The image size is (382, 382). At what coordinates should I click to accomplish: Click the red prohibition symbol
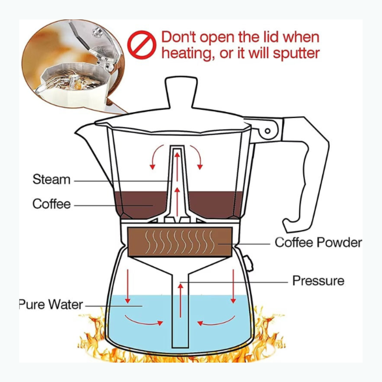pos(141,45)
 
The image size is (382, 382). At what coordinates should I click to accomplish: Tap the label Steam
pos(51,179)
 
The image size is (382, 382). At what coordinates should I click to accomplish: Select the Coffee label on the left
pos(51,204)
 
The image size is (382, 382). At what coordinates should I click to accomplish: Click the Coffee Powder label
pos(318,242)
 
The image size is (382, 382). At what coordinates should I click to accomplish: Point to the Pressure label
pos(318,281)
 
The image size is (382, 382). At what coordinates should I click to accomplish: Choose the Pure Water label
pos(51,304)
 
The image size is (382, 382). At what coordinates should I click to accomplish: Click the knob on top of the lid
pos(181,93)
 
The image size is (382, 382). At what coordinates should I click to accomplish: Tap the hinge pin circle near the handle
pos(267,131)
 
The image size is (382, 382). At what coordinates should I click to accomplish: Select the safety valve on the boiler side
pos(248,263)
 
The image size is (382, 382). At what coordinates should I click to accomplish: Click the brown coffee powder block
pos(180,242)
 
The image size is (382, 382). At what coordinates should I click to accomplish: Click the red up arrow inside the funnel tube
pos(180,300)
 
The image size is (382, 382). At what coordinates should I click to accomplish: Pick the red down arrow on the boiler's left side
pos(128,286)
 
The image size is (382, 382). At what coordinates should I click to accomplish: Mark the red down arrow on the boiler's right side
pos(234,286)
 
